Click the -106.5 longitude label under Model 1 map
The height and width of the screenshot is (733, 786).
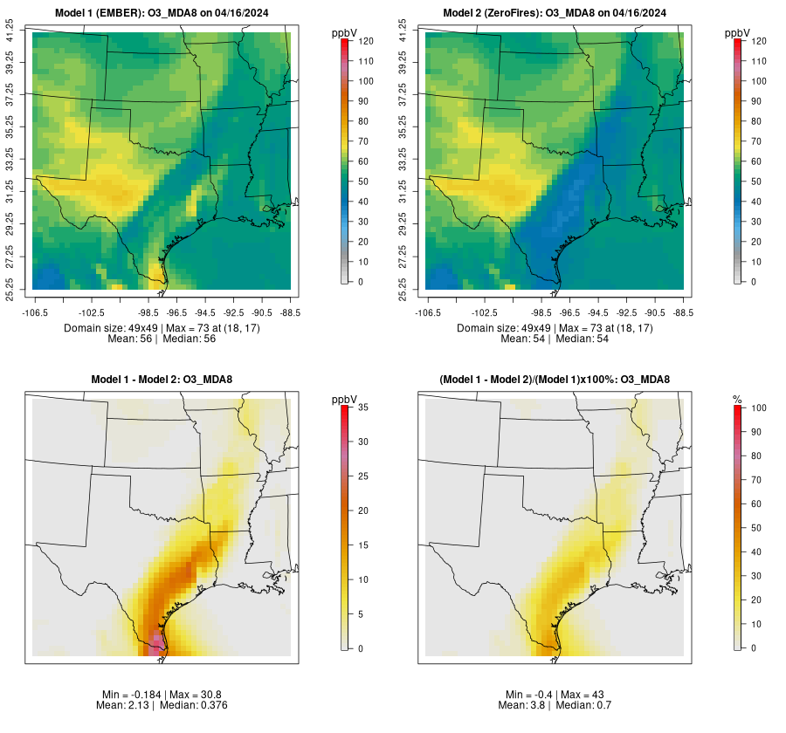point(33,312)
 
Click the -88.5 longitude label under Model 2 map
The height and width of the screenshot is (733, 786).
point(683,312)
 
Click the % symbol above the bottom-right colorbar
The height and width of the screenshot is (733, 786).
point(738,400)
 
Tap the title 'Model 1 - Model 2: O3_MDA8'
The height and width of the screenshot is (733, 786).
point(162,380)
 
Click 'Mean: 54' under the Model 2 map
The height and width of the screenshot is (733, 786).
point(521,339)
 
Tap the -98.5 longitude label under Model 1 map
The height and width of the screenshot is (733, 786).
point(148,312)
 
